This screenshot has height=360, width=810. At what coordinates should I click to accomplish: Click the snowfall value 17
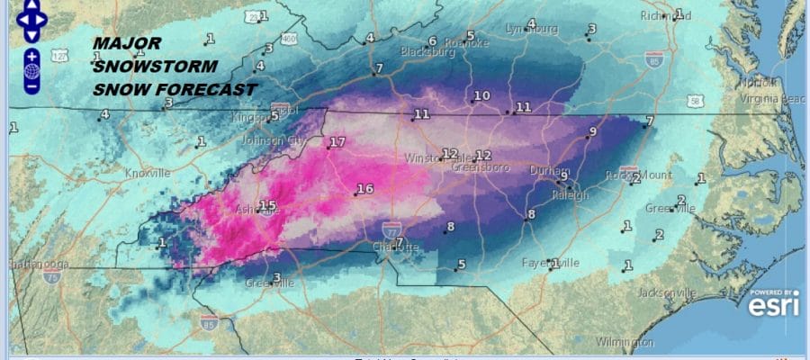(337, 143)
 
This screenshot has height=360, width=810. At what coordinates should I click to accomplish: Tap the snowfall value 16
(364, 189)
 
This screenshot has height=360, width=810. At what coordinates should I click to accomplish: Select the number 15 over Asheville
(267, 206)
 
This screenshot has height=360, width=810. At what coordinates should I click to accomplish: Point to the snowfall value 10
(481, 96)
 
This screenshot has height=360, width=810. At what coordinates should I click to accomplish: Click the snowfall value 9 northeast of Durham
(591, 132)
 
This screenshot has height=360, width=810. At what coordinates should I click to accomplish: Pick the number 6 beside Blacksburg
(432, 41)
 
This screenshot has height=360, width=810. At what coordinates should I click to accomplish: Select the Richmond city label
(665, 16)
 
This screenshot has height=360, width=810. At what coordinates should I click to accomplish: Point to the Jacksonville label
(666, 293)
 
